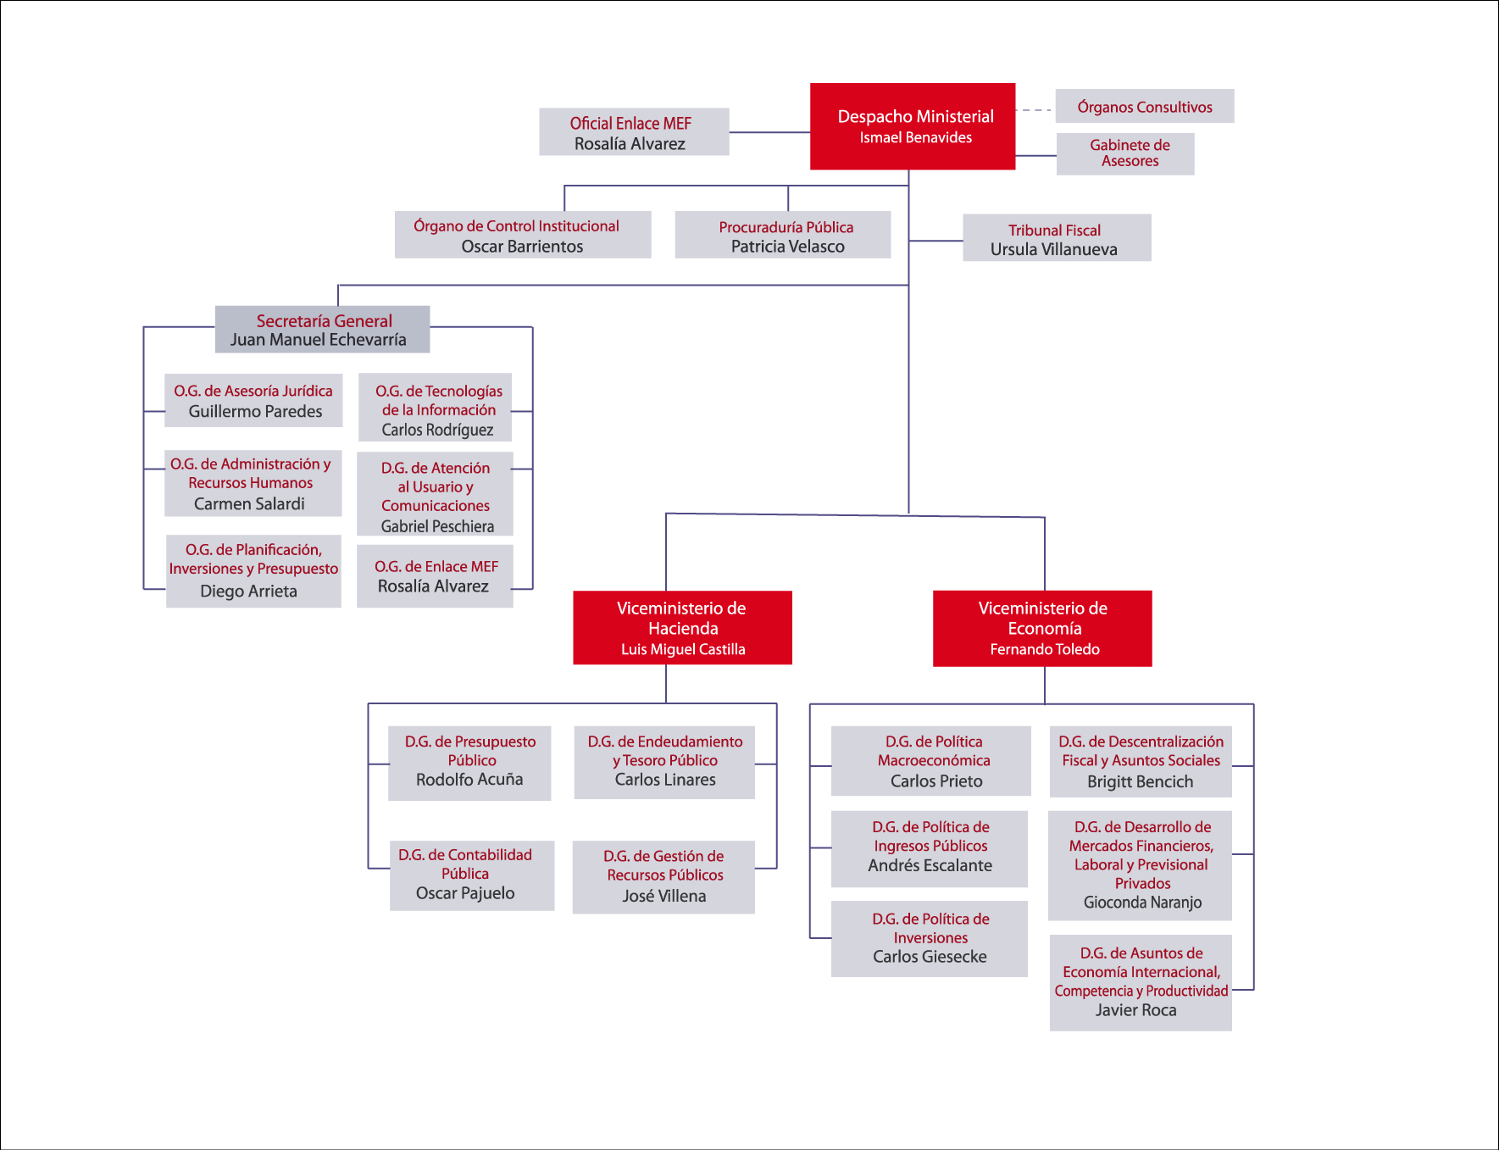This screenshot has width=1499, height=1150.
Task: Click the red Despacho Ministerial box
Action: click(x=913, y=126)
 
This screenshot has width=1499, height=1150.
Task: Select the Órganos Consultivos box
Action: click(x=1144, y=107)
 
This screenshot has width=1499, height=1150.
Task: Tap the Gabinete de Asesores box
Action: click(x=1125, y=153)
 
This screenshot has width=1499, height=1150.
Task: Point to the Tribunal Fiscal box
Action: click(x=1057, y=238)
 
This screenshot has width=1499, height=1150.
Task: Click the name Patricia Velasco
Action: click(x=788, y=247)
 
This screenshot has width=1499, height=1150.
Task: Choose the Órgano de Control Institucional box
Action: click(x=523, y=235)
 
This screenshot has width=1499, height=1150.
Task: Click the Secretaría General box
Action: click(x=322, y=329)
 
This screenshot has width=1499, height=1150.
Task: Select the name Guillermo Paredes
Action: click(x=255, y=412)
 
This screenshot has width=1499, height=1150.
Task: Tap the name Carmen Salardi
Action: click(x=249, y=504)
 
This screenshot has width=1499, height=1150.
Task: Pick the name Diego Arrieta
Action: click(x=248, y=592)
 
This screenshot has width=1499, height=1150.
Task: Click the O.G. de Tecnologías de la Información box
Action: click(x=436, y=408)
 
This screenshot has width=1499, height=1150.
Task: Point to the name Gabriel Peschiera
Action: click(x=437, y=526)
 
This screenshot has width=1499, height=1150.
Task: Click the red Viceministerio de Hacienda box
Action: click(x=682, y=628)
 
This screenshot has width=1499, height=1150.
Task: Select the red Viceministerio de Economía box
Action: click(x=1042, y=628)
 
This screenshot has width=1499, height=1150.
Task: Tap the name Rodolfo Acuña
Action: click(x=469, y=780)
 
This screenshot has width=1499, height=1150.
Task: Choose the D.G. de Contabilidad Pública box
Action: click(x=472, y=875)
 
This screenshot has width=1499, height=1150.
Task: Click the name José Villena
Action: click(x=664, y=897)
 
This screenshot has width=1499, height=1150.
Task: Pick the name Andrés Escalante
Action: click(x=930, y=866)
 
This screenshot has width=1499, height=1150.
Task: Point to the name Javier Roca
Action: click(x=1135, y=1010)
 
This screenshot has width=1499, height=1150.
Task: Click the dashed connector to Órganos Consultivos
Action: click(x=1035, y=110)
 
